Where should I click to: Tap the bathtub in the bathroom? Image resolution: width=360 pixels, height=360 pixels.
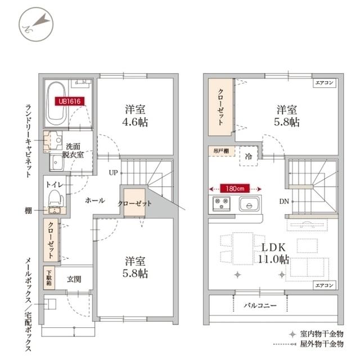pyautogui.click(x=57, y=104)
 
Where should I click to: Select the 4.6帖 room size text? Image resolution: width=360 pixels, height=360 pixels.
pyautogui.click(x=137, y=120)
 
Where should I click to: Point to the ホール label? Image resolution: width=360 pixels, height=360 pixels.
pyautogui.click(x=94, y=200)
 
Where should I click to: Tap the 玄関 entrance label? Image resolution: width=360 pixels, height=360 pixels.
pyautogui.click(x=74, y=278)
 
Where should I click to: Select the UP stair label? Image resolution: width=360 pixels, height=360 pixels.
pyautogui.click(x=113, y=172)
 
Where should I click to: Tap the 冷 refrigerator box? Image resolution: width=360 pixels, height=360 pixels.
pyautogui.click(x=247, y=156)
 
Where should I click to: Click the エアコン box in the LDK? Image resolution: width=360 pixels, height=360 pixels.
pyautogui.click(x=325, y=285)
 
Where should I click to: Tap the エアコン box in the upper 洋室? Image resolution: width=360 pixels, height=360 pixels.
pyautogui.click(x=325, y=83)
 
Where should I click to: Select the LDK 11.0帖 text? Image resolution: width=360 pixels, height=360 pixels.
pyautogui.click(x=274, y=253)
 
